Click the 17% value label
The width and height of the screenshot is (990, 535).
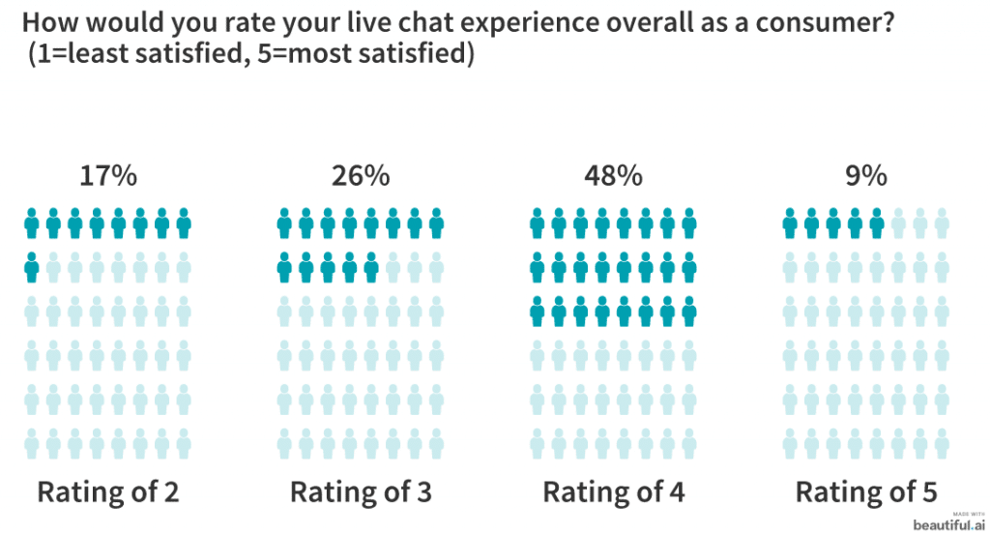pos(108,177)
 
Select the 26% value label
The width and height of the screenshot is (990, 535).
pos(361,177)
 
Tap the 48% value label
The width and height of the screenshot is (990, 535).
pos(613,177)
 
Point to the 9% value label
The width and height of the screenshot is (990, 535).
pos(865,177)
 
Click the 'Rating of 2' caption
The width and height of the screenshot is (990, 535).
pos(108,491)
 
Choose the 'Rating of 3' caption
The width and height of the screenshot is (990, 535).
pos(361,491)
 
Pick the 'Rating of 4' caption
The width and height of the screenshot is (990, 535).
pos(614,491)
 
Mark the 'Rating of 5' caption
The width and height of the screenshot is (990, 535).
pos(866,491)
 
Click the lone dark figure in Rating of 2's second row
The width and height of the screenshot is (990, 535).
pos(32,266)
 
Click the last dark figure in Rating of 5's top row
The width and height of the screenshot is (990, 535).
pos(877,223)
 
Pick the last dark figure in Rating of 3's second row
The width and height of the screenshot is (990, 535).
pos(371,266)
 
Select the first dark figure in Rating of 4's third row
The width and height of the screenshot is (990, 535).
pos(538,312)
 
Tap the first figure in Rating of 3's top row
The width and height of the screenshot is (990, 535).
pos(284,223)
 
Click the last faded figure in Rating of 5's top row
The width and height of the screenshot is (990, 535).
pos(942,223)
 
